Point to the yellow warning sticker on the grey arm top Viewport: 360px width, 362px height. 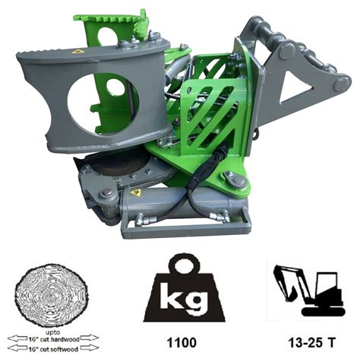(77, 51)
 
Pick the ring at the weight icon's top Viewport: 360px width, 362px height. (179, 263)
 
